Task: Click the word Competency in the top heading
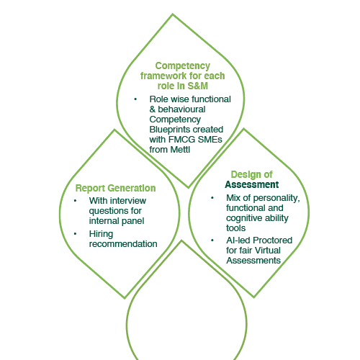(x=183, y=66)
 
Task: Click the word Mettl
(x=180, y=150)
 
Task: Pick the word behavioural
(x=181, y=109)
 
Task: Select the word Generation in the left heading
(x=132, y=188)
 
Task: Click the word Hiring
(x=101, y=234)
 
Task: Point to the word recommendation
(x=123, y=244)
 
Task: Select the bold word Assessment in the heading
(x=252, y=184)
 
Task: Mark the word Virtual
(x=269, y=251)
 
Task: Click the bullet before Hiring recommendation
(x=76, y=234)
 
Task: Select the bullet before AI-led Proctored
(x=212, y=240)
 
